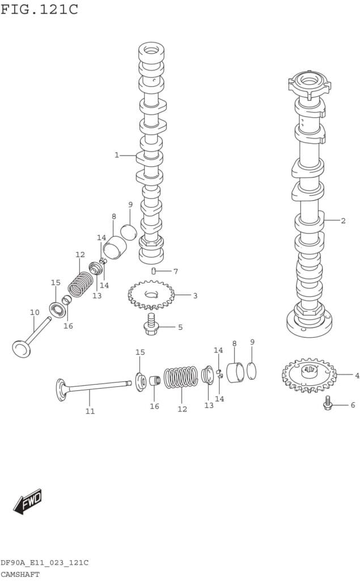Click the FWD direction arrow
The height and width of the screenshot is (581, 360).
28,502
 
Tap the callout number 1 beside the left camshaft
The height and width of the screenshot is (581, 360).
117,155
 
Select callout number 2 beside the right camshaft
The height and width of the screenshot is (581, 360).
343,221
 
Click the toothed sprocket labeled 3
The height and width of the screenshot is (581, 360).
151,294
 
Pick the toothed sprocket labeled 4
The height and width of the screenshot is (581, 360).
310,375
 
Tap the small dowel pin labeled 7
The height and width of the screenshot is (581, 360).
153,271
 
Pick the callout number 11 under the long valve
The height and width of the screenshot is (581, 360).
90,411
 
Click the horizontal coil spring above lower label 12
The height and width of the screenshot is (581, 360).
181,377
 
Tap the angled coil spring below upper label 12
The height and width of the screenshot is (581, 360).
81,284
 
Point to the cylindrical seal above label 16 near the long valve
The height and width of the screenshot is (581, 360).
155,381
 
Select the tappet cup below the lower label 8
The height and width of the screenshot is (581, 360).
235,372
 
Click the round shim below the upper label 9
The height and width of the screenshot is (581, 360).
129,231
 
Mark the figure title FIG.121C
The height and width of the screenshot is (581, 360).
39,9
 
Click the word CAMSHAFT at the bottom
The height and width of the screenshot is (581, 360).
20,574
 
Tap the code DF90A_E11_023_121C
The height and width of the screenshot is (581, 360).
44,563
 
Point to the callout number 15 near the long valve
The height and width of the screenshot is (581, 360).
140,352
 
